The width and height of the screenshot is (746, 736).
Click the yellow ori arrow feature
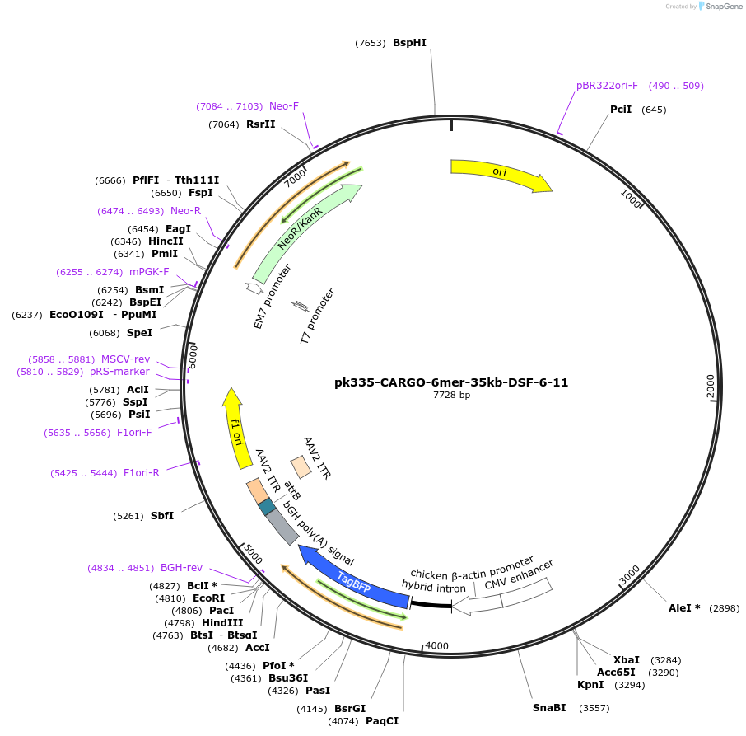pos(499,173)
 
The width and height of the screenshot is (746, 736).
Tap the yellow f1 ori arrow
pos(237,426)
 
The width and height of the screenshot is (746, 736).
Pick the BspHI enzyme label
pos(409,43)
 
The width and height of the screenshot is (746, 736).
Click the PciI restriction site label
pos(621,110)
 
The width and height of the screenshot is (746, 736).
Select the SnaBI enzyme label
pos(549,708)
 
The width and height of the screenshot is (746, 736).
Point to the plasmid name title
pos(451,382)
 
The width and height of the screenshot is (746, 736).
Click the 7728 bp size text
pos(451,396)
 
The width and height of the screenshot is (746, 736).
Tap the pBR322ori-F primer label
pos(607,86)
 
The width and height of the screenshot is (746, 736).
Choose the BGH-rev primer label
pos(181,568)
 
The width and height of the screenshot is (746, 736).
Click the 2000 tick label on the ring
pos(711,386)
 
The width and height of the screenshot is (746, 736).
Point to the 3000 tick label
pos(629,574)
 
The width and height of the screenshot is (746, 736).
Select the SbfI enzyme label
pos(162,516)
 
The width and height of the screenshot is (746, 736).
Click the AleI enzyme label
pos(684,608)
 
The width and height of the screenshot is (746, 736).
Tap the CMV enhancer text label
pos(519,574)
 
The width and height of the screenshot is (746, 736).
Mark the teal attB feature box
pos(267,507)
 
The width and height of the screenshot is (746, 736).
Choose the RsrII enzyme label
pos(260,124)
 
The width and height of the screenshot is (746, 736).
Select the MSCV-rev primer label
pos(125,359)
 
